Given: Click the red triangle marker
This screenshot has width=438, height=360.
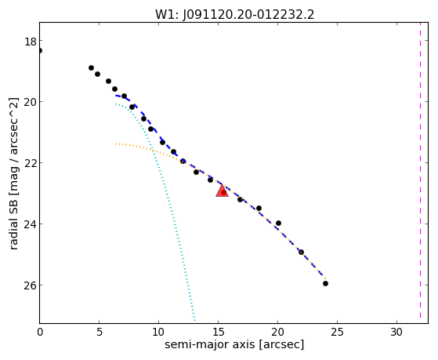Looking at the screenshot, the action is pos(222,191).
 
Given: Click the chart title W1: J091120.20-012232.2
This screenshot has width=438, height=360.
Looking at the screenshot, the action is pos(234,14).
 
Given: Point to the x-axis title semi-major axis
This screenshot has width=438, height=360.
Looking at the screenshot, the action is pos(234,344).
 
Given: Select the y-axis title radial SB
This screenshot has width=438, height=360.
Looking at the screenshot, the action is pos(13,173).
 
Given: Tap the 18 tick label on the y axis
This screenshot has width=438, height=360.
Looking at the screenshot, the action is pos(31,42).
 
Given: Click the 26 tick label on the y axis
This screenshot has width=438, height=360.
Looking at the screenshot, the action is pos(31,285).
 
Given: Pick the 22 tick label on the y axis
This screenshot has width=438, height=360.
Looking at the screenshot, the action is pos(31,163).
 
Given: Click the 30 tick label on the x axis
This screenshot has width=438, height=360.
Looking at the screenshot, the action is pos(396,332).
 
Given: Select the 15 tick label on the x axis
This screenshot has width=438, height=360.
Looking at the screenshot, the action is pos(218,332).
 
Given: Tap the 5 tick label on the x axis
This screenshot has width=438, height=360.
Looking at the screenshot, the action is pos(100,332).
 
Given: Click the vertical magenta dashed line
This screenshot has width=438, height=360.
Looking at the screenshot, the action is pos(420,173).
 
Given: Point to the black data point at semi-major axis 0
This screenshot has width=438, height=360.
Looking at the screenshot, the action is pos(40,51).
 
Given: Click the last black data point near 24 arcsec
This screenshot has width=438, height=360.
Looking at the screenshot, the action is pos(325,283).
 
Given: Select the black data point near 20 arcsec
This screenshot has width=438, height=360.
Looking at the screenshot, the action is pos(278,223).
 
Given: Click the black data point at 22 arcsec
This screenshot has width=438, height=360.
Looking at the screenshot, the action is pos(301,252).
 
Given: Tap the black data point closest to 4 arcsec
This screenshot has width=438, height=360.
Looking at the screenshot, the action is pos(91,67).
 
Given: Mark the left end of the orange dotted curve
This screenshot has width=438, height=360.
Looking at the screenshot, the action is pos(116,144).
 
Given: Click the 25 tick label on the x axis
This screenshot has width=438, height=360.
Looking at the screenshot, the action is pos(337,332).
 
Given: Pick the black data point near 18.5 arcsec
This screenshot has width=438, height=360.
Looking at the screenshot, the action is pos(259,208).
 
